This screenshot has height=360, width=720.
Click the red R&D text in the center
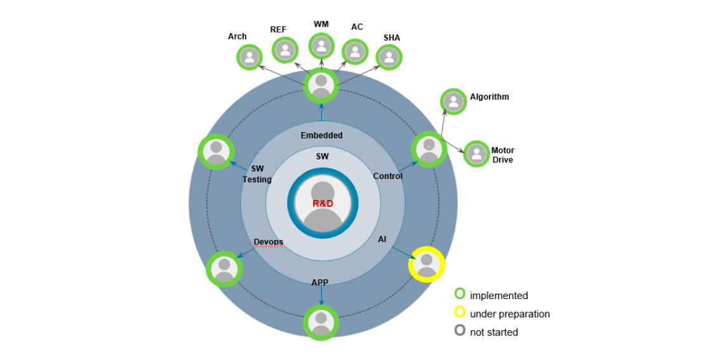pyautogui.click(x=323, y=203)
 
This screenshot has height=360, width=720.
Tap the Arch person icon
pyautogui.click(x=250, y=57)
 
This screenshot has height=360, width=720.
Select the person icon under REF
pyautogui.click(x=285, y=50)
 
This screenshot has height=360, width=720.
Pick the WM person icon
pyautogui.click(x=321, y=46)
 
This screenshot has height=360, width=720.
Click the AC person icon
pyautogui.click(x=355, y=51)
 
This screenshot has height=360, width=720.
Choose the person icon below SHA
pyautogui.click(x=389, y=57)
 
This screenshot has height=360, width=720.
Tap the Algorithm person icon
pyautogui.click(x=454, y=102)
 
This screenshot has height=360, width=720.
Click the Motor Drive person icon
pyautogui.click(x=477, y=154)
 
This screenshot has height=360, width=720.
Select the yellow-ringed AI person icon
pyautogui.click(x=427, y=265)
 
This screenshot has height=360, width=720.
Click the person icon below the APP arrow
pyautogui.click(x=321, y=323)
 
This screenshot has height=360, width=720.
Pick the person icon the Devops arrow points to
pyautogui.click(x=224, y=269)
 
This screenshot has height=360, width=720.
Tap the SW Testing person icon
pyautogui.click(x=217, y=152)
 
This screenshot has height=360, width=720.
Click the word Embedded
pyautogui.click(x=321, y=135)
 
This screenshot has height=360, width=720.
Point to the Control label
pyautogui.click(x=387, y=176)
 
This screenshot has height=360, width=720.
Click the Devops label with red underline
pyautogui.click(x=268, y=242)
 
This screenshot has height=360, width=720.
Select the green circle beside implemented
pyautogui.click(x=460, y=294)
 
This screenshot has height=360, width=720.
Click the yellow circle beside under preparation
pyautogui.click(x=460, y=312)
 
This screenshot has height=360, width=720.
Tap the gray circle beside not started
pyautogui.click(x=460, y=330)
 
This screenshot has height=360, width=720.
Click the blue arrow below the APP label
pyautogui.click(x=321, y=295)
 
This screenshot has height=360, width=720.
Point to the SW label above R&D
pyautogui.click(x=323, y=157)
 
